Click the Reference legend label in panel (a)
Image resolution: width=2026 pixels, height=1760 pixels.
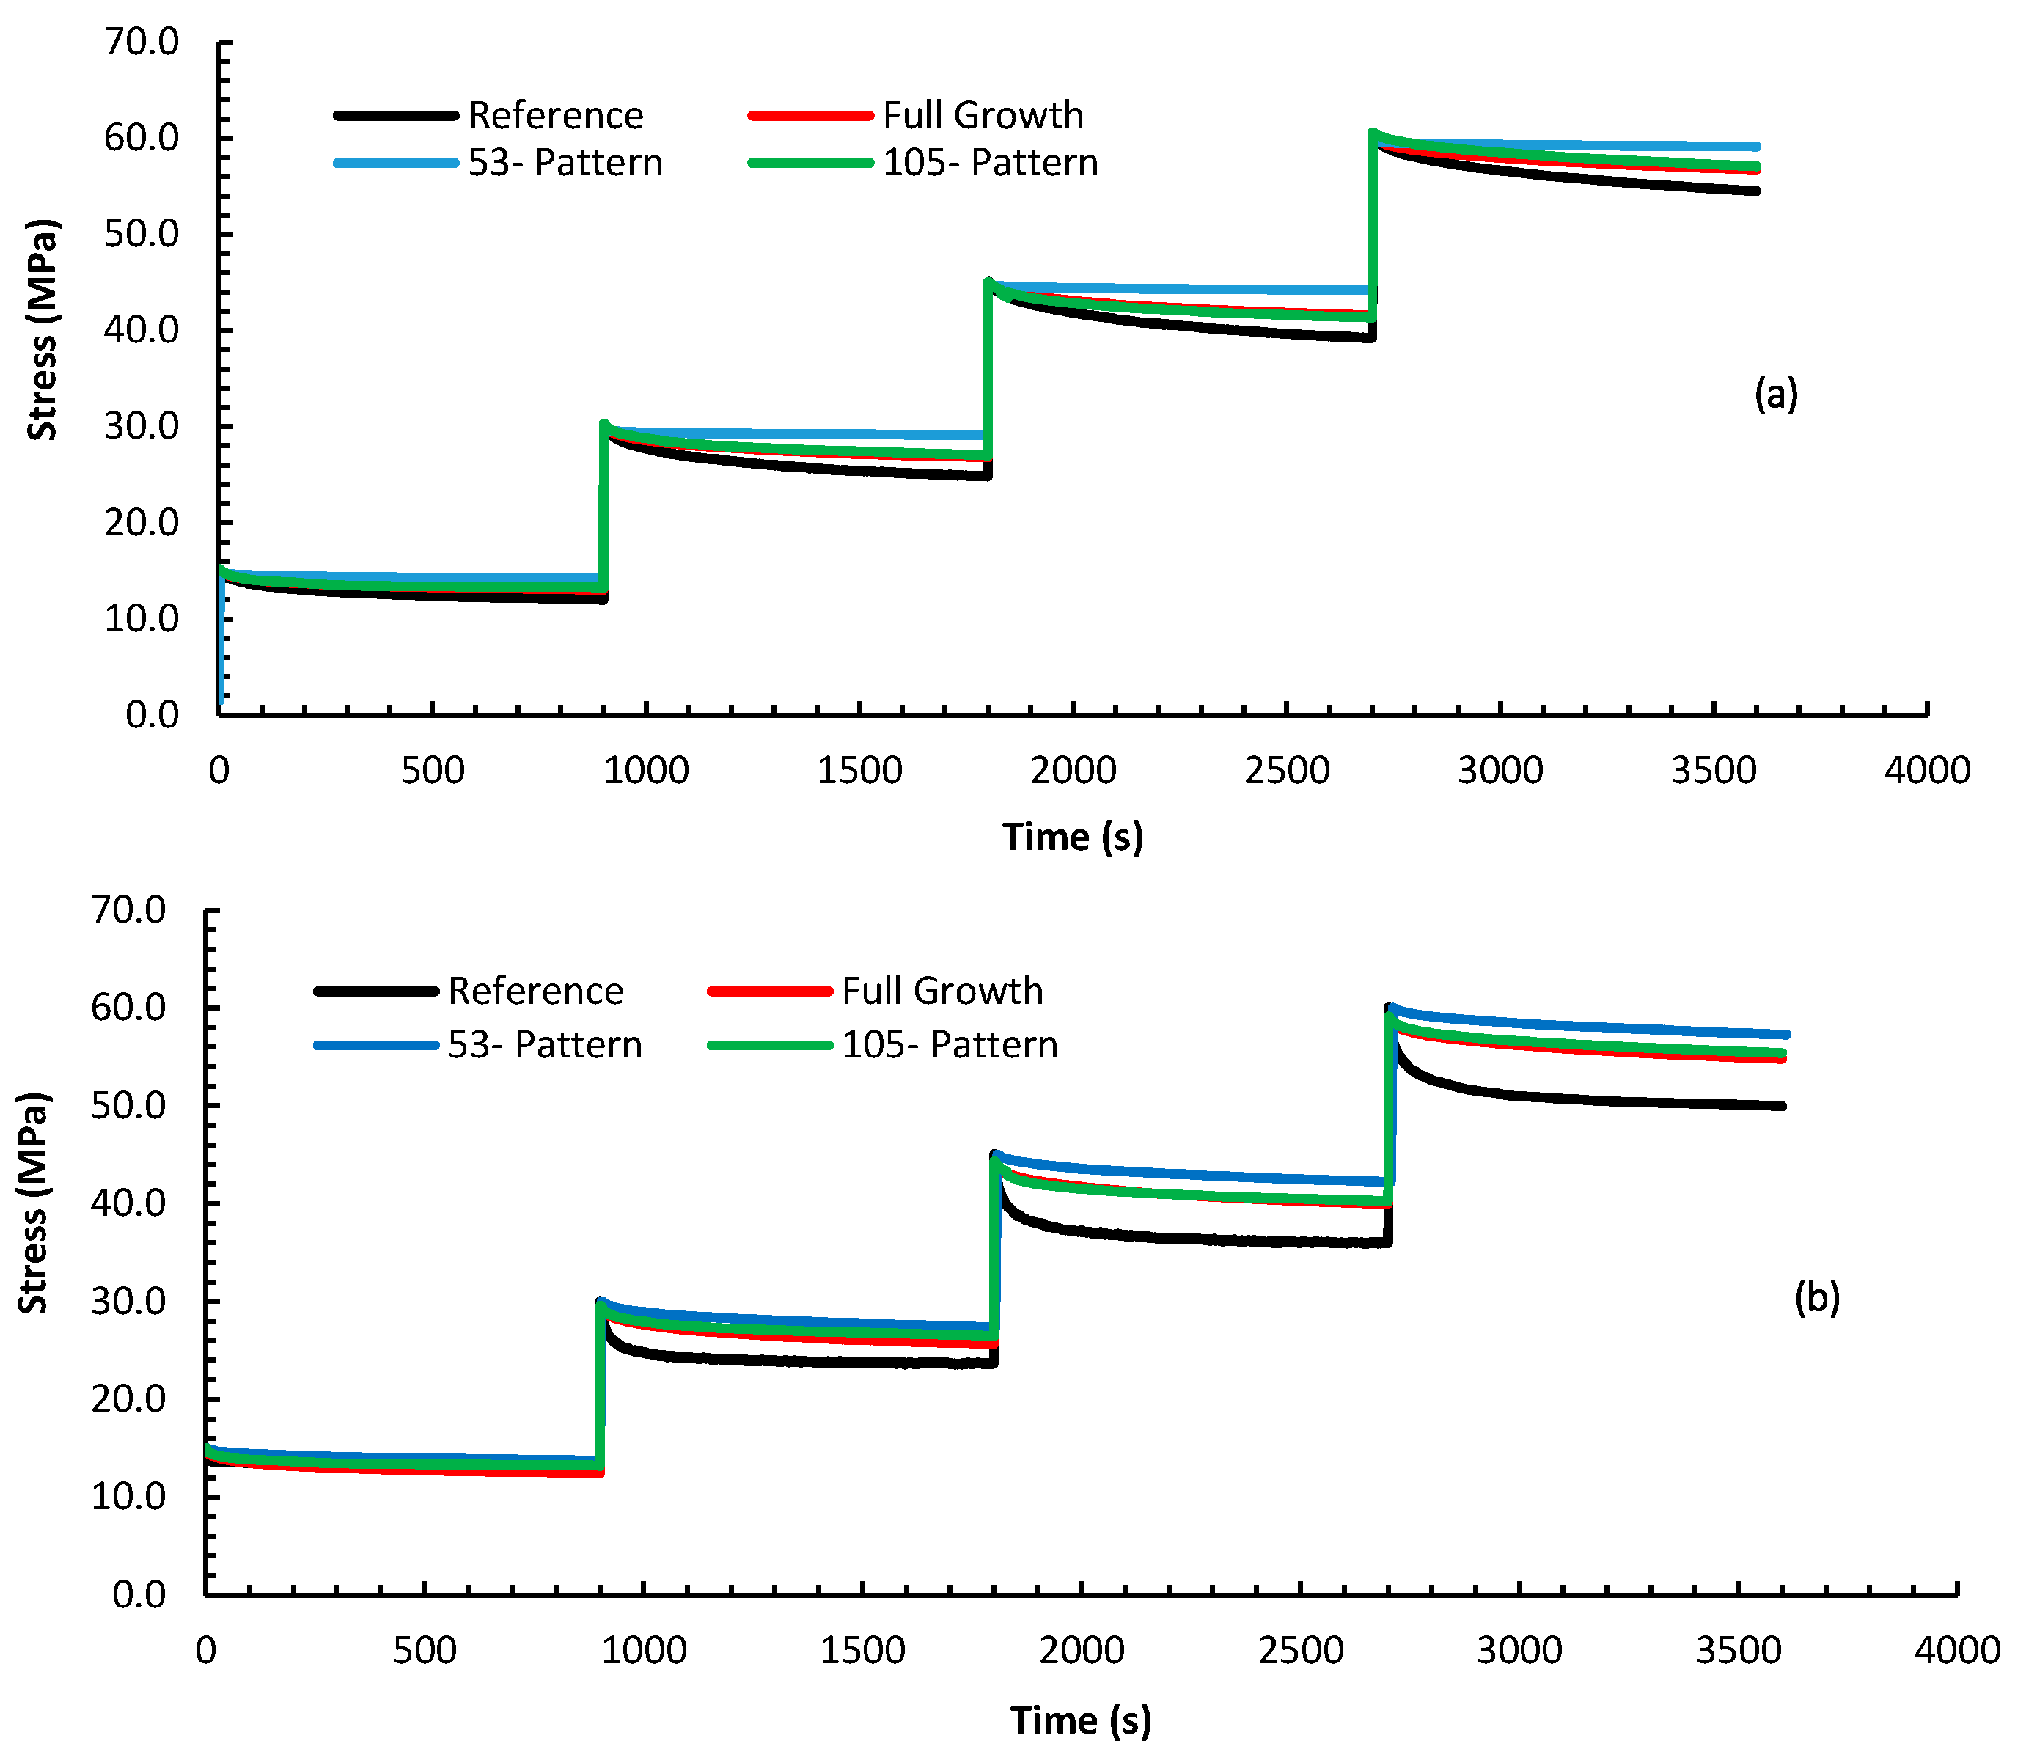556,116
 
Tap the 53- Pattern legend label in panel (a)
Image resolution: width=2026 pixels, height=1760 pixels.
565,163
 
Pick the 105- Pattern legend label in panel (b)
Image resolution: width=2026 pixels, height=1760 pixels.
950,1045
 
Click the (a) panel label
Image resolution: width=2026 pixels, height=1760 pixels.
1775,394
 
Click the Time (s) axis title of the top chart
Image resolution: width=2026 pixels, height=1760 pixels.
1073,837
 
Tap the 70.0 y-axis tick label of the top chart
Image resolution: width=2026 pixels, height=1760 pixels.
142,43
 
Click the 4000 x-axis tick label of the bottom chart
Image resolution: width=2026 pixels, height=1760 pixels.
1956,1650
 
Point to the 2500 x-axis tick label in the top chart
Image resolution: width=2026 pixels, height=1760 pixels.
1286,770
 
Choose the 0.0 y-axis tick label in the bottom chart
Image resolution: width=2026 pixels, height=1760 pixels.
139,1594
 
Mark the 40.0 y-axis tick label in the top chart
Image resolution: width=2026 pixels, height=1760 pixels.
142,330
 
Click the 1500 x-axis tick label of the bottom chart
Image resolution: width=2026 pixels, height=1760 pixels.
862,1650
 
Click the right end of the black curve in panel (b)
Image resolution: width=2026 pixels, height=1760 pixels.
1783,1106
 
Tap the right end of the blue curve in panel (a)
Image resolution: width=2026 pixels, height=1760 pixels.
1756,147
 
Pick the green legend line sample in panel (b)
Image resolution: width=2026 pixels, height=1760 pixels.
770,1045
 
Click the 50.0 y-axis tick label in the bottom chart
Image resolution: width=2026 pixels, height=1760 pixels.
128,1105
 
